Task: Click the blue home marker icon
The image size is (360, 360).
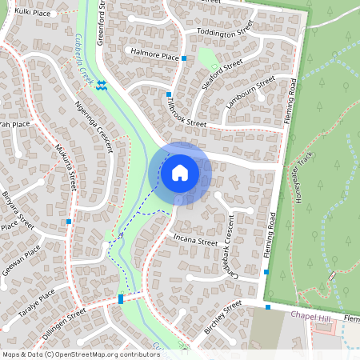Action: (180, 172)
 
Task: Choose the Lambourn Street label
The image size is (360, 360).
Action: (250, 93)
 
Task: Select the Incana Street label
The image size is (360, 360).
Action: (195, 239)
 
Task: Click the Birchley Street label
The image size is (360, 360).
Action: (222, 318)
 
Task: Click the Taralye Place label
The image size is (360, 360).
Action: (37, 303)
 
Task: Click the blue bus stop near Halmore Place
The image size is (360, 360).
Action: (184, 58)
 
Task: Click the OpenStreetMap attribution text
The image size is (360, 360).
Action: (81, 354)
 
